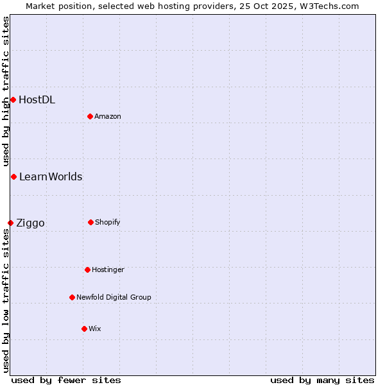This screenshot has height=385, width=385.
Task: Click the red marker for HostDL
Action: click(13, 99)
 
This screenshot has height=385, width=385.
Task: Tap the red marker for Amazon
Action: click(90, 116)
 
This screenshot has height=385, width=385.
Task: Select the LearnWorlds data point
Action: click(13, 176)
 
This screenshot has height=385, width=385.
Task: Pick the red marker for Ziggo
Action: click(10, 223)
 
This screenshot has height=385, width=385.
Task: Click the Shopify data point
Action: click(90, 222)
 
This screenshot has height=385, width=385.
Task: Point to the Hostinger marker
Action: click(87, 269)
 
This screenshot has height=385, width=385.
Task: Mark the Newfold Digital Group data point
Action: click(72, 297)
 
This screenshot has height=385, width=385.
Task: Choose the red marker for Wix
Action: click(84, 329)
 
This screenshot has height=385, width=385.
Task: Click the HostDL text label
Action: click(37, 99)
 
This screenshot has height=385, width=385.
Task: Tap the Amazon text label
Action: click(108, 116)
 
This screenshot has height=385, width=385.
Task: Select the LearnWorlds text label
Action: click(51, 176)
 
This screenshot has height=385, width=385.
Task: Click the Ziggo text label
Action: click(30, 223)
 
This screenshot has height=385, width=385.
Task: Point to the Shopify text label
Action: click(108, 222)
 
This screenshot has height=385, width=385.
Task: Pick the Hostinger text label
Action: click(108, 269)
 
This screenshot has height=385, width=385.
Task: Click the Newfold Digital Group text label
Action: click(114, 297)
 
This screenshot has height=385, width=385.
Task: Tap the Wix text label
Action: click(95, 329)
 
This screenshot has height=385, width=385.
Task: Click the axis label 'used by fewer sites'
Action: click(66, 380)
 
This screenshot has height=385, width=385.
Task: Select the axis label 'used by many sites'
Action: click(322, 380)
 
